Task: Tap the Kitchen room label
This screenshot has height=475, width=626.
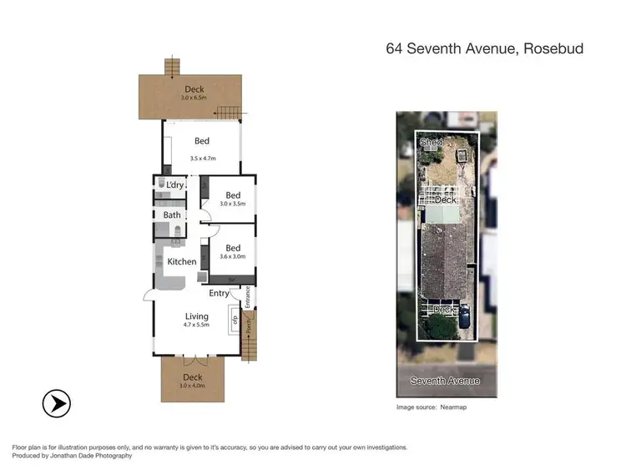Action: tap(181, 262)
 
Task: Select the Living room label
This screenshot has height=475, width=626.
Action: tap(197, 316)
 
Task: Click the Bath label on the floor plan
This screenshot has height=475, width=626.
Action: tap(172, 215)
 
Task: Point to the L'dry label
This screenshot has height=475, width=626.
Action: tap(175, 184)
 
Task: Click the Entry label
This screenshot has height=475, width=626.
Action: tap(219, 293)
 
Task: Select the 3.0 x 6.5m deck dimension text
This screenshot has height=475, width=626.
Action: tap(194, 99)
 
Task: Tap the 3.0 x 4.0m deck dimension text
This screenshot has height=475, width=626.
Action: tap(193, 387)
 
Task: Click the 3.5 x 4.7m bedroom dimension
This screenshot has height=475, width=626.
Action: tap(203, 158)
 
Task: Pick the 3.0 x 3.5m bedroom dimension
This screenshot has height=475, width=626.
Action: tap(233, 204)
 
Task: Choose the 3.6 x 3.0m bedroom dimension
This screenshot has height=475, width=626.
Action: tap(233, 256)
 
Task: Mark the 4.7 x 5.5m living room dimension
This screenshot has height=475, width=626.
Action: tap(197, 325)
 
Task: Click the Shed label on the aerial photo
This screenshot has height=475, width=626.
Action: tap(431, 143)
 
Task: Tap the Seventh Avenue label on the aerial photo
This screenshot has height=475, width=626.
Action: tap(446, 381)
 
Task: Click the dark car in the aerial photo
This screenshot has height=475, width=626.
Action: tap(464, 316)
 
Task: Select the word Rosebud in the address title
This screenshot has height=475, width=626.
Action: tap(555, 48)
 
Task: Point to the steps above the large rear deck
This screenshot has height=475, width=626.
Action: tap(172, 65)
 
